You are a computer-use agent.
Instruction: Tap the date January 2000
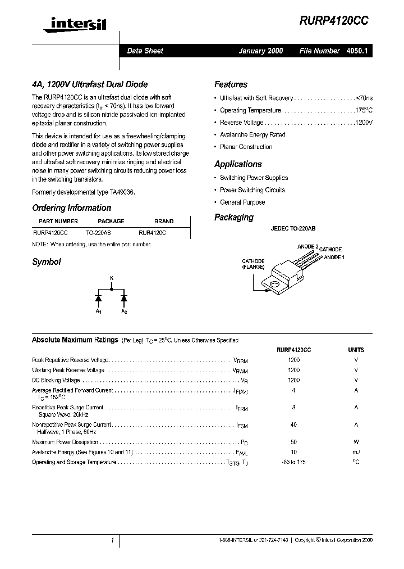[261, 51]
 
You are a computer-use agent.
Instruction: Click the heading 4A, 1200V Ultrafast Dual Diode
[90, 84]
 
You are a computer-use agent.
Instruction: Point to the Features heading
[231, 84]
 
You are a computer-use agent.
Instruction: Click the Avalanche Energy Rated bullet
[252, 135]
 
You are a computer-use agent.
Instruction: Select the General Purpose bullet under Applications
[242, 202]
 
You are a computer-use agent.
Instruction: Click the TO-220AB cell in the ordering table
[98, 232]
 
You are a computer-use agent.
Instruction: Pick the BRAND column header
[164, 221]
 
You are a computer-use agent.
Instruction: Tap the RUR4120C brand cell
[152, 232]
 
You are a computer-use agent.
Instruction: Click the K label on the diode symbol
[111, 279]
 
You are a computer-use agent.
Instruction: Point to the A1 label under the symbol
[98, 311]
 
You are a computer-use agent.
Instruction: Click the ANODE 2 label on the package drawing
[307, 246]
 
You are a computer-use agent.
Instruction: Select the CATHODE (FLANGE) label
[253, 264]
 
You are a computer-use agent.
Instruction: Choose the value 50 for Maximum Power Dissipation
[293, 442]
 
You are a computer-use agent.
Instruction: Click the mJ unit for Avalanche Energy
[356, 452]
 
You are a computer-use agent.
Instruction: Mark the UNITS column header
[356, 349]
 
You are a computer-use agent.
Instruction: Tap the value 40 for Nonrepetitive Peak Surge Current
[293, 425]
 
